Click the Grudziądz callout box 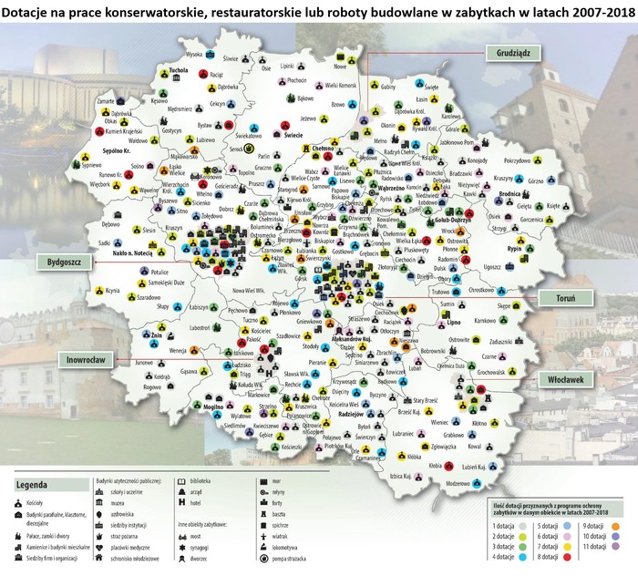tap(514, 52)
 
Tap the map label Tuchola tap(179, 70)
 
